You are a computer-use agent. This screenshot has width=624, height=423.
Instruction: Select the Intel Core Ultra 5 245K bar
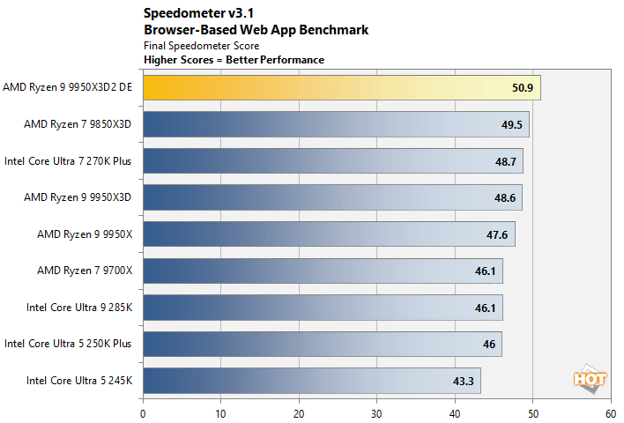311,381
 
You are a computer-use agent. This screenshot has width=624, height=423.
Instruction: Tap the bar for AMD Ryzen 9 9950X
328,234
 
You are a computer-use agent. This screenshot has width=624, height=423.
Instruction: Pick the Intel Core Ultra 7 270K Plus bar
332,161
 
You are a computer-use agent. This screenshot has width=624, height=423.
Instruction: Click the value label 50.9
523,88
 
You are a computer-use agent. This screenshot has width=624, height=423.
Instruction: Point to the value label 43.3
464,381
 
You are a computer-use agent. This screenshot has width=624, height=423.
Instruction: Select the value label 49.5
512,125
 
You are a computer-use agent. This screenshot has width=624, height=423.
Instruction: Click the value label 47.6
497,234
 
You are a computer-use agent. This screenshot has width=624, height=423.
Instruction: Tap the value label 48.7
506,161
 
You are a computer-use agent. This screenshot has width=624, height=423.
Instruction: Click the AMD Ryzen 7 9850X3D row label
78,125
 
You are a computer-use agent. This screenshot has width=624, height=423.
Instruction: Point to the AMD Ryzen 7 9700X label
85,271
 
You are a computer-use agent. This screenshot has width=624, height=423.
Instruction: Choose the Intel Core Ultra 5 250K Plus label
68,344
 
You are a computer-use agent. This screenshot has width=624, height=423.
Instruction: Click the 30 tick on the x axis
376,412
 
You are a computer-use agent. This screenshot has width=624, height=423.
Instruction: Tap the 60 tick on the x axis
610,412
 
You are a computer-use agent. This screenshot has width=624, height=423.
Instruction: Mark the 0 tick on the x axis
143,412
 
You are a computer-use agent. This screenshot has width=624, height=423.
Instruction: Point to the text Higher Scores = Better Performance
234,60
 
